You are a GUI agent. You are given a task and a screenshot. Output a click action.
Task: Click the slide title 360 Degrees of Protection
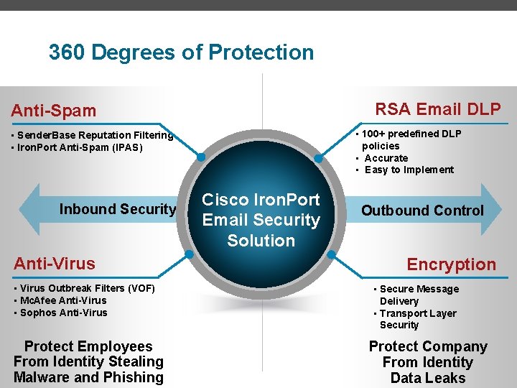[x=181, y=52]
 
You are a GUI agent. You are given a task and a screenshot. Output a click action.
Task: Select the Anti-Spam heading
[x=53, y=111]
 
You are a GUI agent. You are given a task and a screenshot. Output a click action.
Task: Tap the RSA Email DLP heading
[x=438, y=109]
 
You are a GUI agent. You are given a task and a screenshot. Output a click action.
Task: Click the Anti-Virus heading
[x=55, y=264]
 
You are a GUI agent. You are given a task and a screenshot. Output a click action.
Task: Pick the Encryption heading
[x=451, y=264]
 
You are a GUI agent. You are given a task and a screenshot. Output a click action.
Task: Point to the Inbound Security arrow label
[x=118, y=209]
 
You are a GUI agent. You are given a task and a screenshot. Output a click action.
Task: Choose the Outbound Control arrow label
[x=422, y=211]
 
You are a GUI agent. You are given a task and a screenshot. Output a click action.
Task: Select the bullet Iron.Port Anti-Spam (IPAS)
[x=80, y=147]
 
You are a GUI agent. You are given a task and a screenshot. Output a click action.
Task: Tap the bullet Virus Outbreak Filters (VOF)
[x=82, y=288]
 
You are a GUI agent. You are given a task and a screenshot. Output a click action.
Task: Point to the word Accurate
[x=386, y=158]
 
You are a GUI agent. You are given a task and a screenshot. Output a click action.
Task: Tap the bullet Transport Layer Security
[x=417, y=319]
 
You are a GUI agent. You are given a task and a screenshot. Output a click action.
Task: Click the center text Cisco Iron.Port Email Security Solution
[x=261, y=220]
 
